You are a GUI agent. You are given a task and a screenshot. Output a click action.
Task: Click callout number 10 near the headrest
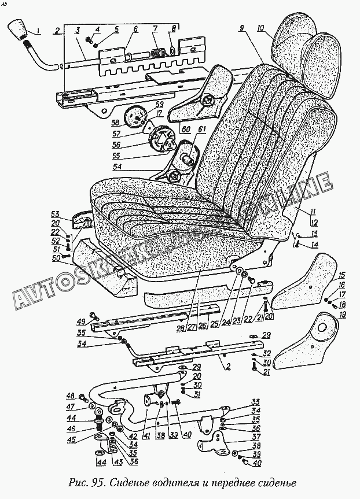[261, 27]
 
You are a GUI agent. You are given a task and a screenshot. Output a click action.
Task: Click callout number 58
[116, 123]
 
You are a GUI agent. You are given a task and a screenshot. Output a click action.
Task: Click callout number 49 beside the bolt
[82, 321]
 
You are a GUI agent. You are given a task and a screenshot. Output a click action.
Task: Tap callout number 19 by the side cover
[343, 315]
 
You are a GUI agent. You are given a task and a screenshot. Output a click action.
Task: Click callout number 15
[341, 275]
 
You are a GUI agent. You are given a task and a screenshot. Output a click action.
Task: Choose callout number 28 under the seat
[181, 330]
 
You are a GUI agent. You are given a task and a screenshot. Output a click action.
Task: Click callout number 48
[71, 396]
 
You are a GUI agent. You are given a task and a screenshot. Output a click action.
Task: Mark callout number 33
[255, 402]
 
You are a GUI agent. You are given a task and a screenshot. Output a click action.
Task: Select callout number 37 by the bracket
[255, 437]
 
